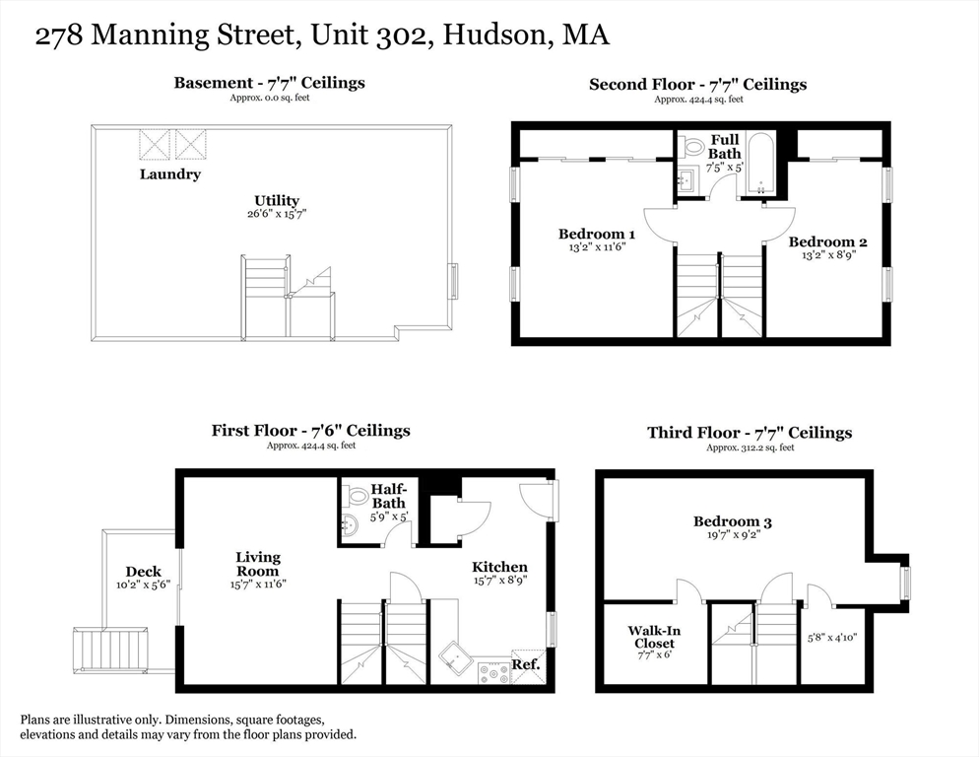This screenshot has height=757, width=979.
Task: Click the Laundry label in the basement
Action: [169, 174]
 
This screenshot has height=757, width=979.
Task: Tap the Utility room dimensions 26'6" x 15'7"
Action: [277, 214]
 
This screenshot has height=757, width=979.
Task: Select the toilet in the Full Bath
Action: [694, 147]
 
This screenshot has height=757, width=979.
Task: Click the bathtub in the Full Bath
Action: [759, 164]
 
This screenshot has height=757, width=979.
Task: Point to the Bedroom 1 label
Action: [596, 234]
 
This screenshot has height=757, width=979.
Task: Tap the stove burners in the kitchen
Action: [494, 672]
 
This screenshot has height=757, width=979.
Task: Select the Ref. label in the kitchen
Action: [526, 663]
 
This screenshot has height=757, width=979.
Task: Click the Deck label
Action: [143, 572]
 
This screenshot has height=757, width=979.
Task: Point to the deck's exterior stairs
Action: [110, 650]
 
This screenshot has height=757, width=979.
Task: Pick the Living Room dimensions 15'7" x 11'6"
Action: [257, 584]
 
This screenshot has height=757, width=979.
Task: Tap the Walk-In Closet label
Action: [654, 637]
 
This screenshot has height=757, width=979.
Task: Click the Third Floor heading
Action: [750, 433]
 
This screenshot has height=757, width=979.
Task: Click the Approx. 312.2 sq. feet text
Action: [750, 447]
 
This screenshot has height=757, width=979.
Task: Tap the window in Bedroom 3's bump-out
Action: [905, 582]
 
